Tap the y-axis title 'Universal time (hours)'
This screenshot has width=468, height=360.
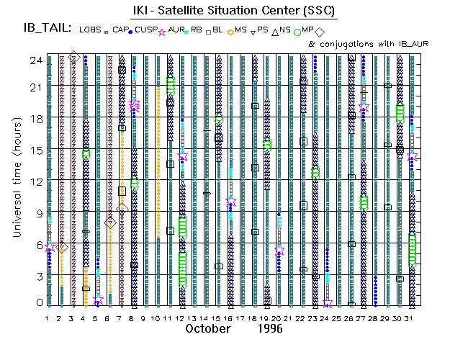pos(15,179)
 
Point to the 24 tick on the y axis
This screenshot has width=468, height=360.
pos(32,60)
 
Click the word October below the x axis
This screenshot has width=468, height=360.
pos(207,328)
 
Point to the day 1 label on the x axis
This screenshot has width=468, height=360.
pos(48,317)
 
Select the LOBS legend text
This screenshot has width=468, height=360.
pos(91,30)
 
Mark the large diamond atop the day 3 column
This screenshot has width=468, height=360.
pos(73,58)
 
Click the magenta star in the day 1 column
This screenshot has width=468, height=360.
pos(50,247)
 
